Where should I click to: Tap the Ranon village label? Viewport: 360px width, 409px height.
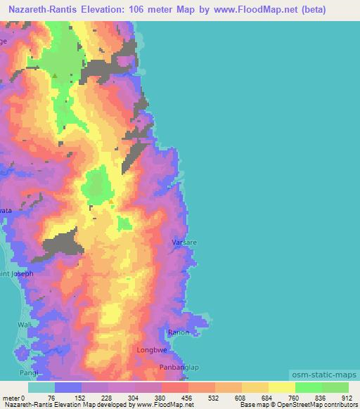click(179, 332)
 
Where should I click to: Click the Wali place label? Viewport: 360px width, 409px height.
click(25, 325)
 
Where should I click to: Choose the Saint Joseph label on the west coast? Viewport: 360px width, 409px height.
click(16, 274)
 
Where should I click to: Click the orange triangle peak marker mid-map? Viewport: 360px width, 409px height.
click(110, 202)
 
